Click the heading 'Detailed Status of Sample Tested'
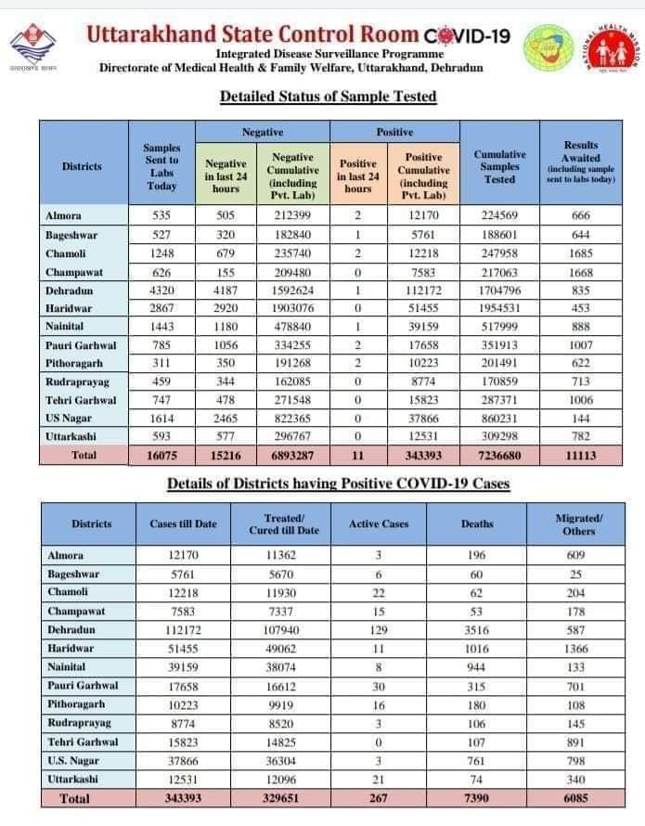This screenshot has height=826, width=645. click(328, 97)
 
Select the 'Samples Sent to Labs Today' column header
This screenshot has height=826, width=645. click(161, 166)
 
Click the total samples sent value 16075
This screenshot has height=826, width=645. click(161, 456)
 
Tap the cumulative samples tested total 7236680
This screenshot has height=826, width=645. click(500, 456)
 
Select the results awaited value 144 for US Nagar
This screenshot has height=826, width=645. click(581, 419)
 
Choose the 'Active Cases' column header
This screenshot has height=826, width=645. click(378, 524)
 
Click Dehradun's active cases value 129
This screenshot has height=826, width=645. click(378, 629)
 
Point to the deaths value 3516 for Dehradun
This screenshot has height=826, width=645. click(477, 629)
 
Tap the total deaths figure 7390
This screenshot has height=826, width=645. click(477, 798)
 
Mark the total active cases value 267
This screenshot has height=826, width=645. click(378, 798)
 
